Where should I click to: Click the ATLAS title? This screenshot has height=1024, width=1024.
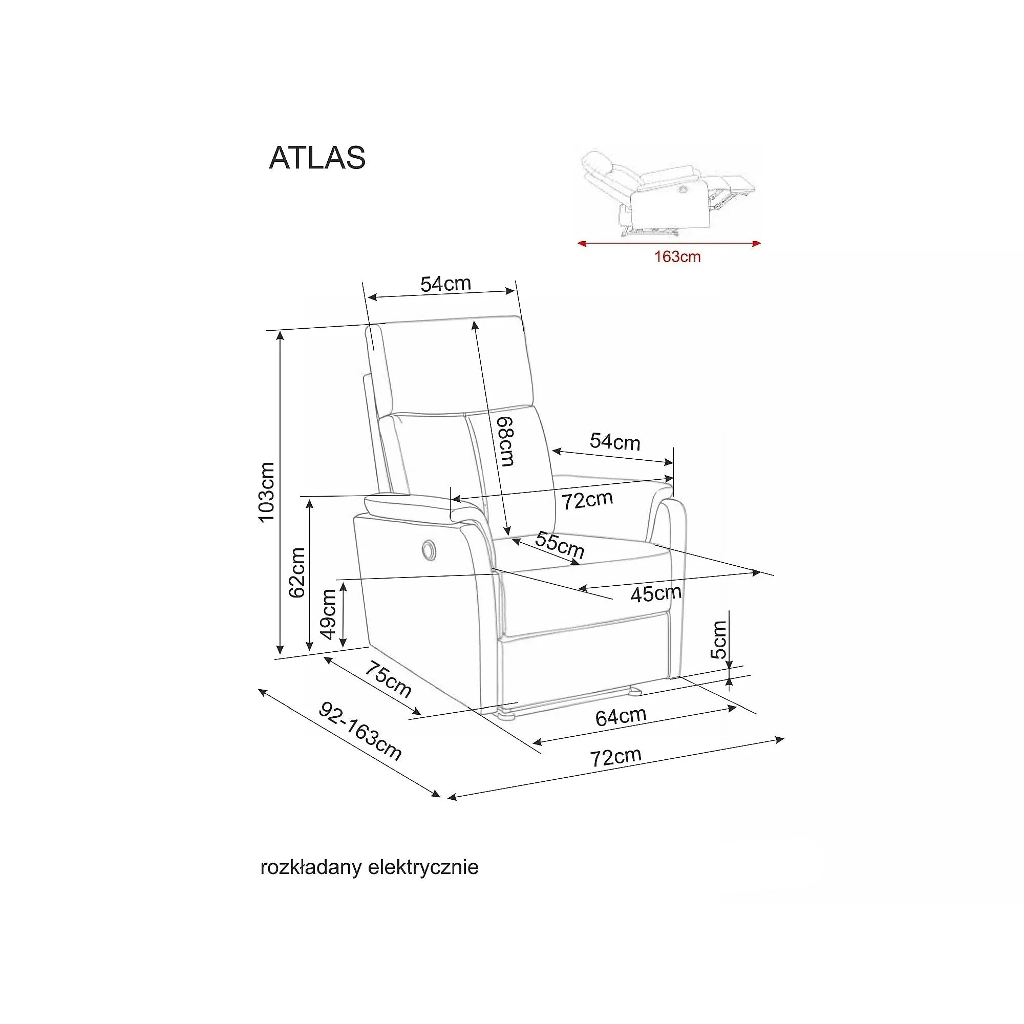click(x=317, y=157)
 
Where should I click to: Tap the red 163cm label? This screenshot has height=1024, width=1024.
click(x=677, y=257)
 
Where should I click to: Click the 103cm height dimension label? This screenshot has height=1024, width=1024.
click(x=266, y=492)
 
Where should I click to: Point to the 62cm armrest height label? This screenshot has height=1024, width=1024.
click(x=297, y=572)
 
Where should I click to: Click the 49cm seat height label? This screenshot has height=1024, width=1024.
click(x=328, y=614)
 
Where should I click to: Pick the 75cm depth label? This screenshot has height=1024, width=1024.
click(x=387, y=679)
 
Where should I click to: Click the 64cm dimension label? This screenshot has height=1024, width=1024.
click(x=621, y=717)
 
